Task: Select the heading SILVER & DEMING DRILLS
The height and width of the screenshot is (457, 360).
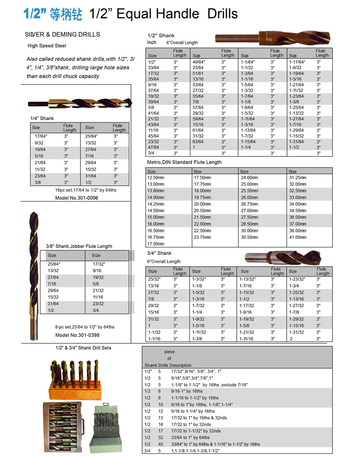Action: [x=63, y=35]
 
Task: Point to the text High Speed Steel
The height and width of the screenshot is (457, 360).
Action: [x=47, y=46]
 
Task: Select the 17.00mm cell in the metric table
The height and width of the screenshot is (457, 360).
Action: [x=156, y=243]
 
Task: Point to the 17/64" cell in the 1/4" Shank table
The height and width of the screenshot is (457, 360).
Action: [x=41, y=136]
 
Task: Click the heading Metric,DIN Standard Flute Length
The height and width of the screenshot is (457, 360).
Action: [x=184, y=162]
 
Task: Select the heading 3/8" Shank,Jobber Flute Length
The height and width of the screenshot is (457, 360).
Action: [x=79, y=246]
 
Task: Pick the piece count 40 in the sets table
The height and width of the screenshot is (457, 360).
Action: [x=160, y=444]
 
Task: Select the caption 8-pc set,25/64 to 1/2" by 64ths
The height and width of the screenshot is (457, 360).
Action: [x=85, y=327]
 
